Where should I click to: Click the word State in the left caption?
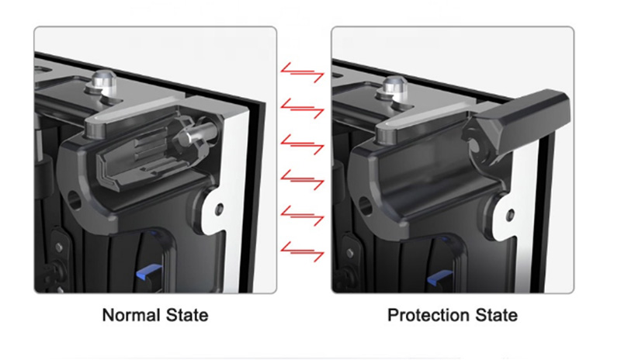click(x=187, y=315)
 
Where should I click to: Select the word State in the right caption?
click(x=496, y=315)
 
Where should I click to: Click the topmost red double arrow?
click(x=302, y=72)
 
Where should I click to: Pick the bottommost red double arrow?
click(x=302, y=251)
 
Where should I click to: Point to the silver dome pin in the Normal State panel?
click(x=103, y=83)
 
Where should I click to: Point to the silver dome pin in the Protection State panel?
click(x=396, y=88)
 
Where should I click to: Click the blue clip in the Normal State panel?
click(x=149, y=272)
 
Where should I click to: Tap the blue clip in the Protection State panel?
click(x=439, y=278)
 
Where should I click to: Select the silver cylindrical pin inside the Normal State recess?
click(x=197, y=134)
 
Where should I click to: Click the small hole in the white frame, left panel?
click(x=219, y=209)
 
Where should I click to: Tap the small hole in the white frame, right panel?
click(x=511, y=215)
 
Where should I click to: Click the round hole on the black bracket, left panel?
click(x=75, y=200)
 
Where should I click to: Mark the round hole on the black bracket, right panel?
click(x=365, y=206)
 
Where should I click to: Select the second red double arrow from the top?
click(x=302, y=108)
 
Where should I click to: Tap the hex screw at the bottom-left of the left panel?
click(x=59, y=247)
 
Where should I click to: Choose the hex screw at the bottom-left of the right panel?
click(x=350, y=252)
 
